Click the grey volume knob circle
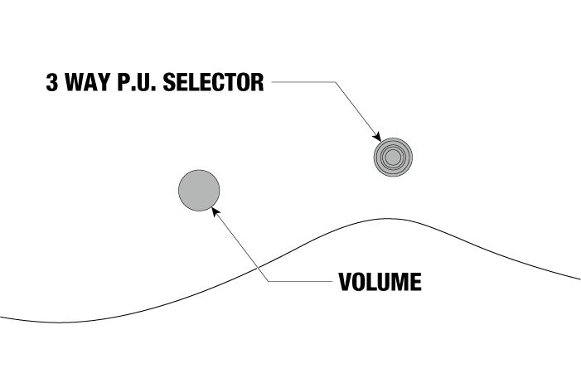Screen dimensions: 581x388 (x=199, y=191)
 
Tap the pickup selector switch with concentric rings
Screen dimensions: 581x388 (x=393, y=158)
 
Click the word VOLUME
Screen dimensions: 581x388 (x=380, y=282)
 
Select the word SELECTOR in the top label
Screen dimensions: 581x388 (x=214, y=82)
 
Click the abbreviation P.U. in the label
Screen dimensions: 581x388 (x=137, y=82)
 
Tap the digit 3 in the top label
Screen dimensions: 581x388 (x=52, y=82)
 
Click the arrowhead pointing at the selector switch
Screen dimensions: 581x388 (x=377, y=137)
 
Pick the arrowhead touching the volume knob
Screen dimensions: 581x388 (x=215, y=212)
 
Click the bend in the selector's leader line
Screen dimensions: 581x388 (x=336, y=82)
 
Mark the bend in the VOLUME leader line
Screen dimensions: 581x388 (x=269, y=281)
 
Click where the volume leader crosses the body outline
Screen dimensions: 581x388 (x=258, y=267)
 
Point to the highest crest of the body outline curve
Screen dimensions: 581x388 (x=388, y=219)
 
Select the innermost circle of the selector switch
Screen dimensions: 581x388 (x=393, y=158)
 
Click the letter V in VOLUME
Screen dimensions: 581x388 (x=346, y=282)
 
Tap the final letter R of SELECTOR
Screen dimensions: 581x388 (x=257, y=82)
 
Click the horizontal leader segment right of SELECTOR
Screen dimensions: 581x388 (x=303, y=82)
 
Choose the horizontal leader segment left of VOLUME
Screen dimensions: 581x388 (x=301, y=281)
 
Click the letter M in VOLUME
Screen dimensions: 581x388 (x=401, y=282)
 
